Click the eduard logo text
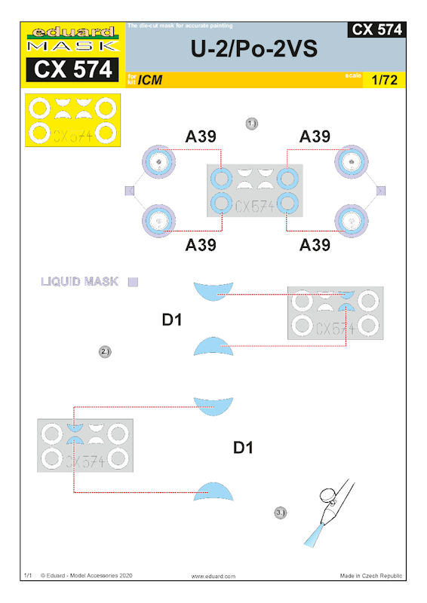72,32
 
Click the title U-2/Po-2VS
254,49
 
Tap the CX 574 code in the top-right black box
376,29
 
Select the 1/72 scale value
384,80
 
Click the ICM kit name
150,80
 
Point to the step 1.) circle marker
251,124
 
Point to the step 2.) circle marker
105,351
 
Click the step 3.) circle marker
281,513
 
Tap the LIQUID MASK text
79,281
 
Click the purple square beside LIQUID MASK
133,282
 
